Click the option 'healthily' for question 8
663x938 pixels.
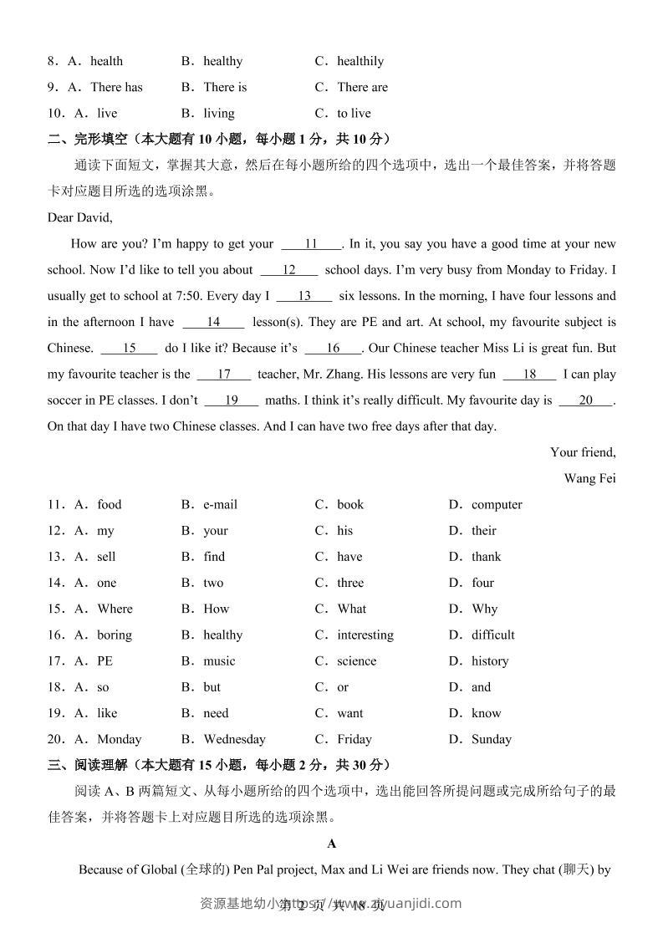360,61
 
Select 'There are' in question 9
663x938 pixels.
362,87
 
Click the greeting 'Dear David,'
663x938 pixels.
79,217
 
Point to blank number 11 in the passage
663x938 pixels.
311,244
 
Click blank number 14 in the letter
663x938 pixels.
213,322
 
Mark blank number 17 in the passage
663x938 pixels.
224,375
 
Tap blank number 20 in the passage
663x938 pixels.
585,400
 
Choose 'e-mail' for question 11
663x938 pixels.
220,504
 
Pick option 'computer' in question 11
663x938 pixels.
497,504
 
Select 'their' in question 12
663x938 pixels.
483,530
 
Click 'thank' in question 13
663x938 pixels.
486,556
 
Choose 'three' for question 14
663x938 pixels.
350,583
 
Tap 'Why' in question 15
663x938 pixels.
484,609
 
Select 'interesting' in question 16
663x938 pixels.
365,635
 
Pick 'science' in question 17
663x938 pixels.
356,660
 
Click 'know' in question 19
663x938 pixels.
486,713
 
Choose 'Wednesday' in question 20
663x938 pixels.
234,739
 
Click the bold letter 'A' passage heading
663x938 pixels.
332,844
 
